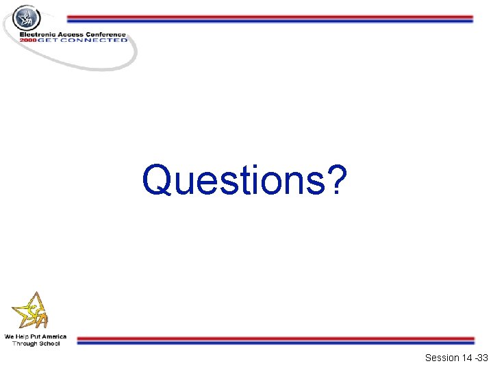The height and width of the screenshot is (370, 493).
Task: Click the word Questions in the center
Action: tap(233, 180)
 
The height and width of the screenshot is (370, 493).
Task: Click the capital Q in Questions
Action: tap(158, 180)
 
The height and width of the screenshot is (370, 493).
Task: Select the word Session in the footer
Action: tap(442, 358)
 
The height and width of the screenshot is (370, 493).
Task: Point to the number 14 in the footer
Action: tap(467, 358)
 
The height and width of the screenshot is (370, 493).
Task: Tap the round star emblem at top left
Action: tap(27, 18)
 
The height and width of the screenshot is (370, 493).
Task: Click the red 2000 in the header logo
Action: tap(28, 40)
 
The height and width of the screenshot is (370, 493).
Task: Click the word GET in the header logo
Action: tap(49, 40)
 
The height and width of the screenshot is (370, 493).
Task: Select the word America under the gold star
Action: tap(54, 337)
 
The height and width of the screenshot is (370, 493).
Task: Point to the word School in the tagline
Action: tap(49, 343)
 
